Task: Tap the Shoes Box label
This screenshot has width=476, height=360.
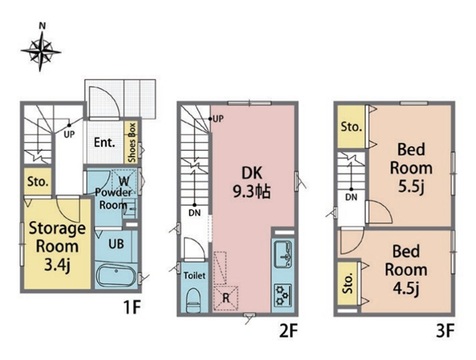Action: click(x=132, y=142)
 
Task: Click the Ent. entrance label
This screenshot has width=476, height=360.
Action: click(x=104, y=143)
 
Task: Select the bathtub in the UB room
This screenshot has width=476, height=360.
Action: click(x=117, y=276)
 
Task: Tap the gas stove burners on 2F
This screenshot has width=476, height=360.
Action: click(x=283, y=295)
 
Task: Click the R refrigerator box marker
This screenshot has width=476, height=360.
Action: click(x=226, y=298)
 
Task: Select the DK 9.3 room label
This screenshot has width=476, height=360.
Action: click(x=252, y=183)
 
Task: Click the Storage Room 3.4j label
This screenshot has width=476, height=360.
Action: click(x=57, y=247)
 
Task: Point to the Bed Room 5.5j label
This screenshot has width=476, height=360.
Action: click(x=411, y=168)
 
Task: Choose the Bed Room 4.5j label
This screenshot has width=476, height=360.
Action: click(x=406, y=270)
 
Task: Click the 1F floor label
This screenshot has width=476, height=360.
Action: click(x=132, y=307)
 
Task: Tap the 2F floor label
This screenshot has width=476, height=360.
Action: click(x=288, y=331)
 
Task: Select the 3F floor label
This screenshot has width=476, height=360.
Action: click(x=445, y=331)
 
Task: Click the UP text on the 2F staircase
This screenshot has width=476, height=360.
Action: click(x=218, y=119)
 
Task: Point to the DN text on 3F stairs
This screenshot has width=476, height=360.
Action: click(x=351, y=197)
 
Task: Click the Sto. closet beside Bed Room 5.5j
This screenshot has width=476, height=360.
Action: click(x=351, y=127)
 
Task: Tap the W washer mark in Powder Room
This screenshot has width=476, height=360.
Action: click(x=124, y=182)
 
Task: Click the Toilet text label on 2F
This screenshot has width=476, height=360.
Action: click(x=195, y=276)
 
